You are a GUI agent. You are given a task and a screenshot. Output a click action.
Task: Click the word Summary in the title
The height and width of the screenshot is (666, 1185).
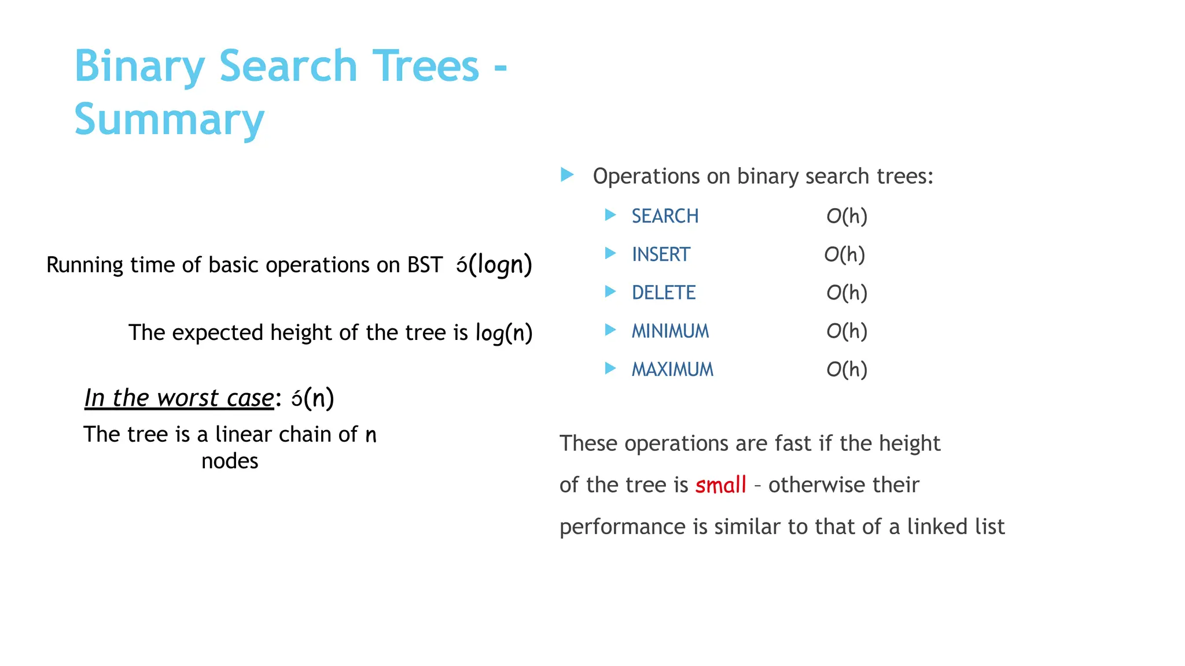(169, 120)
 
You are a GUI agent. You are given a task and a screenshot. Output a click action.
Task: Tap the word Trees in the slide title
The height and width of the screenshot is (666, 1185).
(425, 66)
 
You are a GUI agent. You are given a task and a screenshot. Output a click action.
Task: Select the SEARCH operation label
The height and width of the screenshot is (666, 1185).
(665, 216)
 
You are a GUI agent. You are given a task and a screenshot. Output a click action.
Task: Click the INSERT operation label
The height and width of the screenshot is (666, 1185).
(661, 254)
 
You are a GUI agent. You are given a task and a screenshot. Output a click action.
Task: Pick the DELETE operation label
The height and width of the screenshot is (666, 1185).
(663, 293)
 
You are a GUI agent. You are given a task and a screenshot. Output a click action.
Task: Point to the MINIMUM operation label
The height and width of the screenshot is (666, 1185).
(670, 331)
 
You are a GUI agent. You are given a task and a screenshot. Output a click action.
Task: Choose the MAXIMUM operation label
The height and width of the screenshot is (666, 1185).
(672, 369)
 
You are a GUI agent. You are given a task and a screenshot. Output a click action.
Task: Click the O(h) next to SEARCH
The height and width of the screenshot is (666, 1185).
(847, 216)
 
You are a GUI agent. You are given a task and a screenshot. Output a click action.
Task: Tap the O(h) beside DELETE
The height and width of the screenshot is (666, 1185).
(847, 293)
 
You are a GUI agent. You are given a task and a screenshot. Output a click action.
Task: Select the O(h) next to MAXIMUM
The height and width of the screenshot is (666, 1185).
(847, 369)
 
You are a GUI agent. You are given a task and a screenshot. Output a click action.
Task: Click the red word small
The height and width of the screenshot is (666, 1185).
(720, 485)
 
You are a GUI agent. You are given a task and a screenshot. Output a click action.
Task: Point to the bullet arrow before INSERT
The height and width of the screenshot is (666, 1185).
(610, 253)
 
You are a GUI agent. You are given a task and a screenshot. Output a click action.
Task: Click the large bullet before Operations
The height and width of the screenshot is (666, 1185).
(567, 175)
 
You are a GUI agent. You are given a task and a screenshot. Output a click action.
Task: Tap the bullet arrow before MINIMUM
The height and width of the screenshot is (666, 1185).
(610, 330)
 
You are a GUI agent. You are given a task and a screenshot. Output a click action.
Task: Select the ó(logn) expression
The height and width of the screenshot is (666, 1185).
(494, 265)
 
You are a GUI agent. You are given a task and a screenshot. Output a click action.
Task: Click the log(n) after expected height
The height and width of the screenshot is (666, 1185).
(503, 333)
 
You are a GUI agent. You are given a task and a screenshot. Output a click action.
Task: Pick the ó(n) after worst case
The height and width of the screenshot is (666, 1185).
(312, 398)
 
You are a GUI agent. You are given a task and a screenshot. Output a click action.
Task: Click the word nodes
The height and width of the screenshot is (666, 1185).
(230, 461)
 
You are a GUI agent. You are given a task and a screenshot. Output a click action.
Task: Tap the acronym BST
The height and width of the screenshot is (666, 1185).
(425, 265)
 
